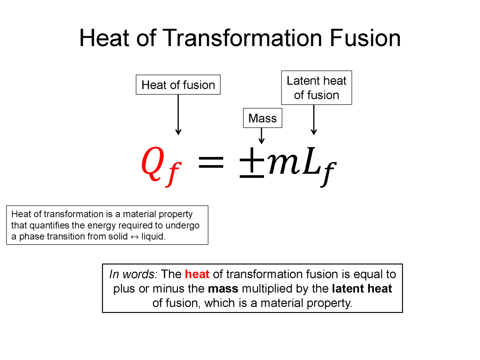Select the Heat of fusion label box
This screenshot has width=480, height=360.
click(x=178, y=85)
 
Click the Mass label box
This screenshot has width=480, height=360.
click(x=262, y=118)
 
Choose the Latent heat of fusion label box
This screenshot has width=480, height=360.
click(x=316, y=88)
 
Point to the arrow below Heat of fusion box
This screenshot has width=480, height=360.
click(x=178, y=115)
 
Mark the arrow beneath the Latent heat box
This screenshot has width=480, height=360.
click(x=314, y=120)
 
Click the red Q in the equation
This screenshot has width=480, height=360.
click(x=153, y=163)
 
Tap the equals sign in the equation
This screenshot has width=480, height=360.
click(x=211, y=162)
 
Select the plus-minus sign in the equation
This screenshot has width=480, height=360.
click(x=252, y=163)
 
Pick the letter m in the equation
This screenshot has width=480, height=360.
click(x=283, y=163)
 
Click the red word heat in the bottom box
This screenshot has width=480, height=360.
click(x=197, y=274)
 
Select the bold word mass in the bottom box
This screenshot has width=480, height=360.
click(x=223, y=289)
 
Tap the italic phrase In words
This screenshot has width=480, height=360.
click(x=133, y=274)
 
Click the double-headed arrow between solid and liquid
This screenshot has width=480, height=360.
click(x=134, y=237)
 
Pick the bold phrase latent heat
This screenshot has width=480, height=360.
click(x=362, y=289)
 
